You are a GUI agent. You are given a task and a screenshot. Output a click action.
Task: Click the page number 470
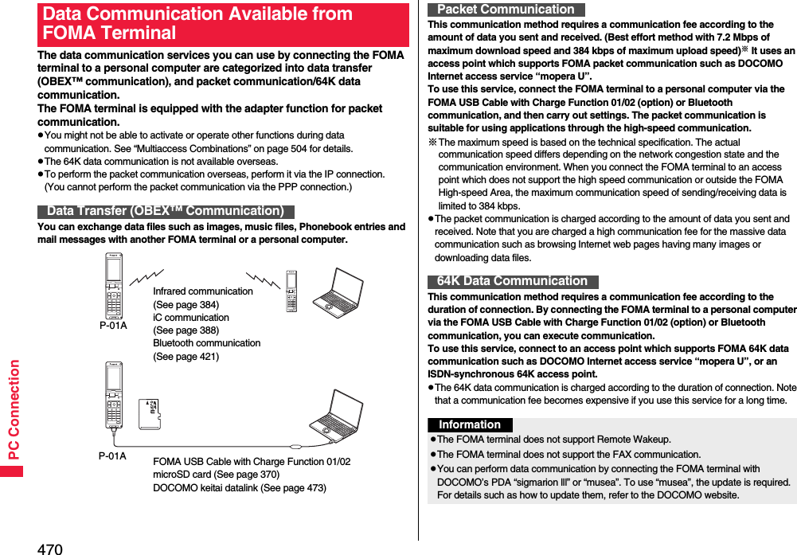click(49, 549)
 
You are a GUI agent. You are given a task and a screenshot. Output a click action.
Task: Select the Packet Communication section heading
click(506, 10)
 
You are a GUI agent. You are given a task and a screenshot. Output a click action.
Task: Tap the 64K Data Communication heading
click(512, 281)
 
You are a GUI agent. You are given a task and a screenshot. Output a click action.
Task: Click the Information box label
click(470, 425)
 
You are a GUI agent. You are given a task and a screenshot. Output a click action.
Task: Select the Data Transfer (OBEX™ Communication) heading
click(166, 211)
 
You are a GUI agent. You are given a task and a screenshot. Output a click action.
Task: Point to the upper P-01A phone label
click(113, 325)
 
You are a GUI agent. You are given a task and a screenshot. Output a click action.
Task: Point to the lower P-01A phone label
click(112, 456)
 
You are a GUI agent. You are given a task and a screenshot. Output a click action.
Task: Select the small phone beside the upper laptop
click(291, 291)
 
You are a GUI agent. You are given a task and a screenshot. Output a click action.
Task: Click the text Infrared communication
click(202, 291)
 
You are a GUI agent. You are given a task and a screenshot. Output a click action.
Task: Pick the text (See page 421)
click(186, 357)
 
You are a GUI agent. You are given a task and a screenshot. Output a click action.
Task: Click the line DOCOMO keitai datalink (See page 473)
click(239, 487)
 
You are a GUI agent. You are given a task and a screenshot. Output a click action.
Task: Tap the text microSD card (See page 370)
click(216, 475)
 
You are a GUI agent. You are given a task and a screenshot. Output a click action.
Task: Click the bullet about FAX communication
click(568, 455)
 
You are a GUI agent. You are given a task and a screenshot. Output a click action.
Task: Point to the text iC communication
click(190, 318)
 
